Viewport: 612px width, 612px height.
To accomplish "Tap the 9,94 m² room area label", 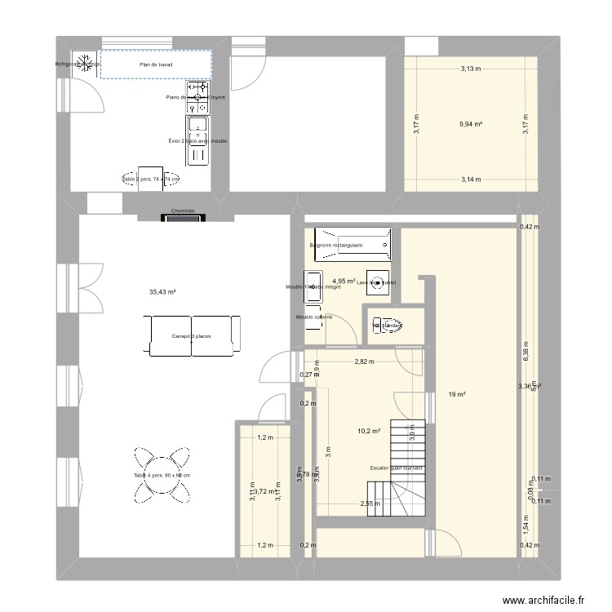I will tap(471, 124).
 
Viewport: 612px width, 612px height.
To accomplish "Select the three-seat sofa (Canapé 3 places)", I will tap(195, 335).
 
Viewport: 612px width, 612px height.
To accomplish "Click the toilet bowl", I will tap(389, 325).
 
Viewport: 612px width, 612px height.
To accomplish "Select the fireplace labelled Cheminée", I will tap(183, 217).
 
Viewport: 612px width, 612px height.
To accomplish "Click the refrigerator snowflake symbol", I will tap(84, 64).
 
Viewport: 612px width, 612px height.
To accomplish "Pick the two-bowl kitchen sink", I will tap(197, 139).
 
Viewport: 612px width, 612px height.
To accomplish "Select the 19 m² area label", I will tap(457, 395).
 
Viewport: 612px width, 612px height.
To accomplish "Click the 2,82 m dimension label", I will tap(364, 361).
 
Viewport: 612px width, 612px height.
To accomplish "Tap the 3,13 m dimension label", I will tap(470, 69).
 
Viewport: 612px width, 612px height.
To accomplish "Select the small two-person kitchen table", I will tap(150, 179).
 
